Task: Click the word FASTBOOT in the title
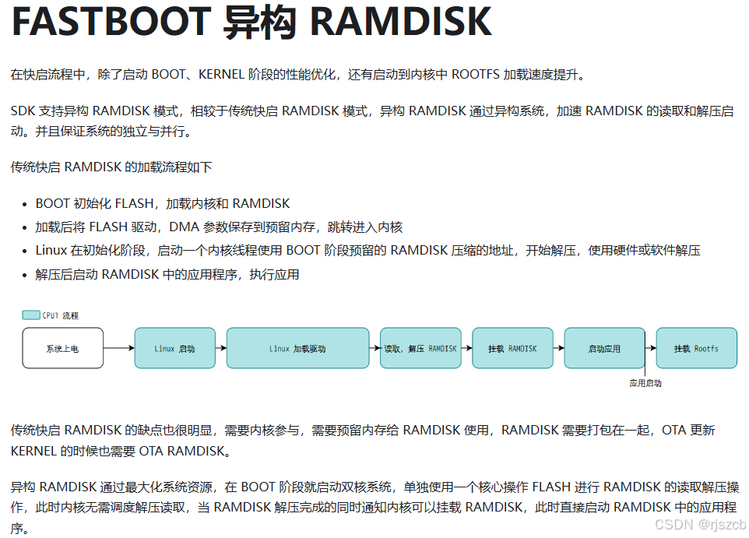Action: point(111,22)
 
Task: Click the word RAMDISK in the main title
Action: point(401,22)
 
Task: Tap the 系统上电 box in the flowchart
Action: point(62,348)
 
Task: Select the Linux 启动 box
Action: point(175,348)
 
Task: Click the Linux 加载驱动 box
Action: point(297,348)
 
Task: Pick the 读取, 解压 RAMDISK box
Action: point(421,348)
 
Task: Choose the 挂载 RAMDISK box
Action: point(512,348)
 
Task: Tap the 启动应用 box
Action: point(604,348)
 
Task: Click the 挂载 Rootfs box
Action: point(697,348)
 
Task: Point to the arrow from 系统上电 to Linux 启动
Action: point(119,348)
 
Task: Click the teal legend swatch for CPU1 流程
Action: point(31,315)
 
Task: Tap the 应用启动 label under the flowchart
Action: point(645,383)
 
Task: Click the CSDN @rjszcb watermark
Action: point(700,524)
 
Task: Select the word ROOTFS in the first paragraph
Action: point(475,75)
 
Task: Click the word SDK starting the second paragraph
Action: point(23,111)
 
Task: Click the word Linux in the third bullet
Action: point(51,251)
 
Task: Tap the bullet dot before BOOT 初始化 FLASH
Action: point(25,205)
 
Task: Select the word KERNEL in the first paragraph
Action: point(221,75)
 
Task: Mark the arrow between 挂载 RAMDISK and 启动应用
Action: point(558,348)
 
